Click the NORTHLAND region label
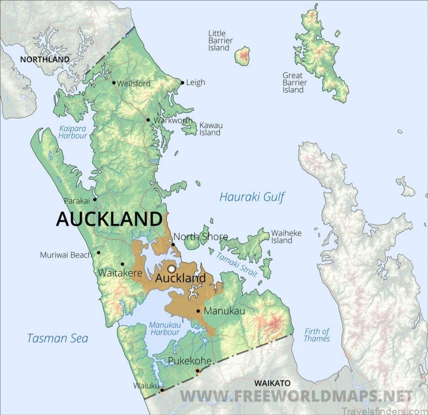pyautogui.click(x=45, y=59)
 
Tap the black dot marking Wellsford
pyautogui.click(x=114, y=83)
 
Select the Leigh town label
pyautogui.click(x=196, y=82)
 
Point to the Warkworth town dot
pyautogui.click(x=148, y=120)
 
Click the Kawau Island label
pyautogui.click(x=211, y=129)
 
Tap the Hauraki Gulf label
pyautogui.click(x=251, y=197)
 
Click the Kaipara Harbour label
pyautogui.click(x=73, y=132)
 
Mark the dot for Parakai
pyautogui.click(x=95, y=199)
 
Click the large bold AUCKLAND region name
pyautogui.click(x=109, y=219)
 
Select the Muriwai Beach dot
pyautogui.click(x=99, y=252)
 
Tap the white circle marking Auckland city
pyautogui.click(x=171, y=268)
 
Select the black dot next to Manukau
pyautogui.click(x=198, y=311)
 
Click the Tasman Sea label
pyautogui.click(x=58, y=338)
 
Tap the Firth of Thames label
pyautogui.click(x=317, y=335)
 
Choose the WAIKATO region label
pyautogui.click(x=272, y=383)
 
